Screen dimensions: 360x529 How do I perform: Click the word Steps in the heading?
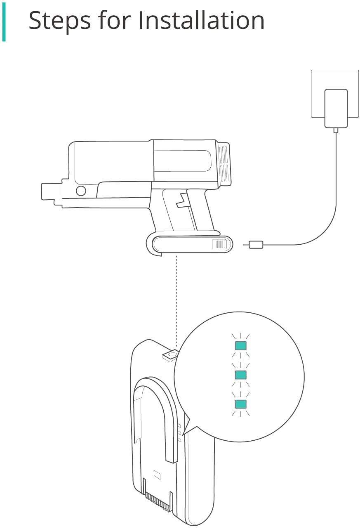[60, 21]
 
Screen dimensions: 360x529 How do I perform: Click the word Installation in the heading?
[201, 20]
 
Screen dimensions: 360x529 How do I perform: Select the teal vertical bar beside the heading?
[4, 22]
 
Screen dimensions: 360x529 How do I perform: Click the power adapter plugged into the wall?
[336, 109]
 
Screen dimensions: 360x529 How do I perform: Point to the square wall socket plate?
[335, 94]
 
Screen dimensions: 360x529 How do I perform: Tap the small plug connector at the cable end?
[256, 245]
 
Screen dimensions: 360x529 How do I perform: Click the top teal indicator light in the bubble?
[240, 345]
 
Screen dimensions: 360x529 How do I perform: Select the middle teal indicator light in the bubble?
[240, 375]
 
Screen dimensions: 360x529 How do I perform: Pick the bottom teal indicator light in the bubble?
[240, 404]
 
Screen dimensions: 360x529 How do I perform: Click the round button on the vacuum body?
[81, 191]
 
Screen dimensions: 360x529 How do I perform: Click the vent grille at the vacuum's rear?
[224, 164]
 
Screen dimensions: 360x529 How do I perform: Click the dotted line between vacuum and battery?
[176, 301]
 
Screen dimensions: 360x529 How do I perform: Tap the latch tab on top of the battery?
[170, 355]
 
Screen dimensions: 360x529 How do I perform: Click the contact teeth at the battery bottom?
[158, 498]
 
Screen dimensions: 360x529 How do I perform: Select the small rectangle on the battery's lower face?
[157, 475]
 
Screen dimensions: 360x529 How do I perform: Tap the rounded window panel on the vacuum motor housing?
[182, 161]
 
